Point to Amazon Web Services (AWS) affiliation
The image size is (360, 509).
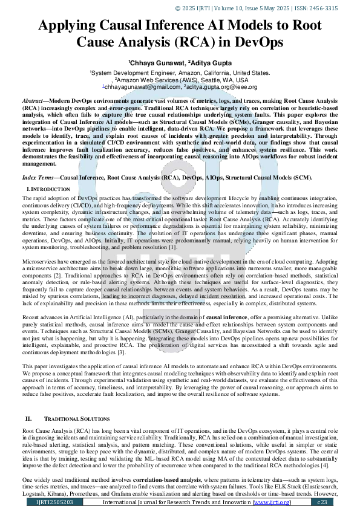(160, 79)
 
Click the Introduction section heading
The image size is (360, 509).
(48, 190)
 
